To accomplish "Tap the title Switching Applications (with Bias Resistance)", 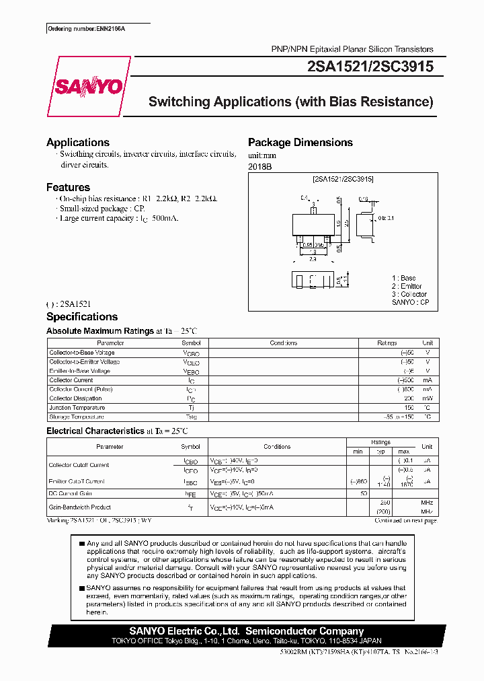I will coord(290,102).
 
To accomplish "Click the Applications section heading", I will coord(78,143).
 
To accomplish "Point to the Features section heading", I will coord(68,188).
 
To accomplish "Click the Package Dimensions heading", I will coord(300,143).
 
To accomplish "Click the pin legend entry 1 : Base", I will coord(404,278).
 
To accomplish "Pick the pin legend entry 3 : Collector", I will coord(409,294).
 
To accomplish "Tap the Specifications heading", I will coord(82,317).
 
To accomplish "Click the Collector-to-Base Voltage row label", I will coord(82,353).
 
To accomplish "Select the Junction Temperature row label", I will coord(77,408).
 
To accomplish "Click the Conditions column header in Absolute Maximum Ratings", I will coord(284,343).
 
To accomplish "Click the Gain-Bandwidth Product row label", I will coord(80,507).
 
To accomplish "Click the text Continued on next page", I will coord(405,521).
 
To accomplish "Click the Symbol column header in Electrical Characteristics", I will coord(190,447).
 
